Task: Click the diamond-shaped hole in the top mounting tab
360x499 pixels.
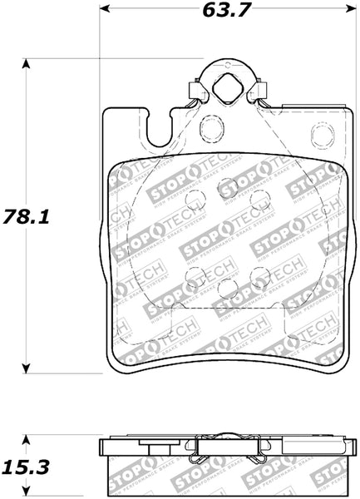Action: pyautogui.click(x=225, y=86)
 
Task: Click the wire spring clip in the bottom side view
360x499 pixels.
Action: pyautogui.click(x=225, y=452)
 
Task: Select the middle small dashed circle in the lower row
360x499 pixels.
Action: pyautogui.click(x=225, y=288)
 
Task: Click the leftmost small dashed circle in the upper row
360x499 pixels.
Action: pyautogui.click(x=194, y=199)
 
